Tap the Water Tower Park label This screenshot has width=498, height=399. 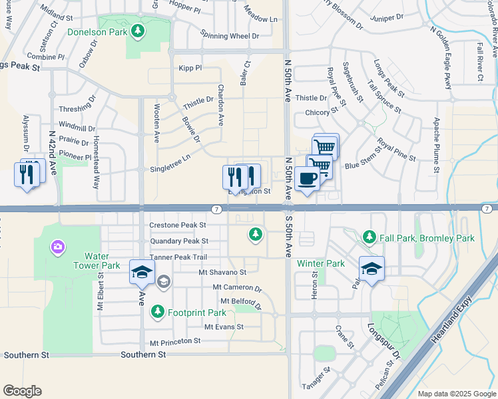(102, 261)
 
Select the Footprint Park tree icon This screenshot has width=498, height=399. (157, 311)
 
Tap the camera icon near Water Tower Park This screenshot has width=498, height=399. (58, 247)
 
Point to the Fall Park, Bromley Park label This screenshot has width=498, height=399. (427, 237)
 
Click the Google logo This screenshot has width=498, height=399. (23, 390)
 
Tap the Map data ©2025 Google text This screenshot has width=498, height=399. (457, 394)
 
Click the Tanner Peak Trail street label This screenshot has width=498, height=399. (178, 257)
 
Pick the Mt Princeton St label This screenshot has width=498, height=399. (175, 341)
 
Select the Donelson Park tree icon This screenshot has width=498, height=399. (138, 31)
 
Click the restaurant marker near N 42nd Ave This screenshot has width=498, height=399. (27, 174)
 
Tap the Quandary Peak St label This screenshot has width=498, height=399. (179, 241)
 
